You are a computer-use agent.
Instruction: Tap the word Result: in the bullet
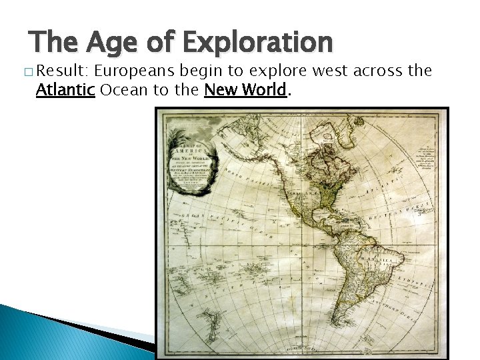[x=63, y=71]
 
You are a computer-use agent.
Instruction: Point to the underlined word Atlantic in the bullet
[x=65, y=90]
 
